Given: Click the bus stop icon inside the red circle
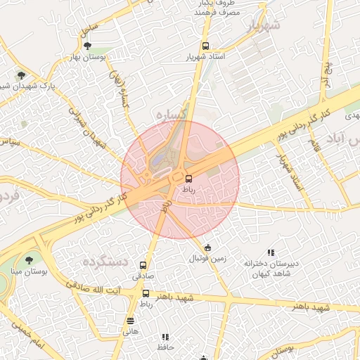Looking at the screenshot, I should click(x=188, y=178).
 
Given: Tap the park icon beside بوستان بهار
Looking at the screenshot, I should click(x=86, y=46).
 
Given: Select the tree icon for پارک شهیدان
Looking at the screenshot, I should click(x=22, y=75).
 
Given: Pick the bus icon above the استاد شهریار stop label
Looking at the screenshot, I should click(x=195, y=46).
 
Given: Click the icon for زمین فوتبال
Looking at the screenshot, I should click(x=207, y=247).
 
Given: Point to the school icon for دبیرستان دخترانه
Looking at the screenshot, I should click(x=270, y=252).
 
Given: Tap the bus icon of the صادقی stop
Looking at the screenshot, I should click(x=143, y=266).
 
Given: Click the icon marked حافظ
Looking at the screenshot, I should click(x=165, y=337).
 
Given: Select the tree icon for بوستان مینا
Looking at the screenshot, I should click(x=29, y=260).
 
